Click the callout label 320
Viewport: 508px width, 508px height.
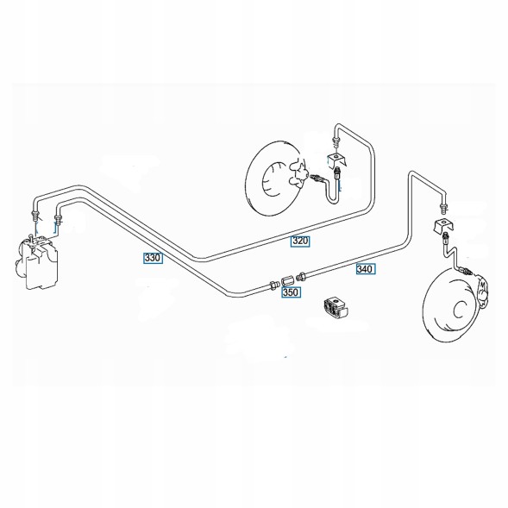tap(300, 241)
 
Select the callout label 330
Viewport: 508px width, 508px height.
tap(153, 258)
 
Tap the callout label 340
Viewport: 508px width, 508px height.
tap(366, 269)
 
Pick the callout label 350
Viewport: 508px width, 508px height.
tap(291, 292)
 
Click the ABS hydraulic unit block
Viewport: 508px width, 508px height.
tap(38, 263)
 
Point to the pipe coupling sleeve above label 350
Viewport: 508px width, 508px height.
tap(287, 280)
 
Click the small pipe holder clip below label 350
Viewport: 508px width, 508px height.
tap(336, 308)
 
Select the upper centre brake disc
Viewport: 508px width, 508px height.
tap(273, 178)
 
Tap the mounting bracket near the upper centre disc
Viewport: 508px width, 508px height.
tap(337, 160)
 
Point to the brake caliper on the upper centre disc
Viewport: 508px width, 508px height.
tap(298, 175)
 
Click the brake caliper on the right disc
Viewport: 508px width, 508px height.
tap(483, 292)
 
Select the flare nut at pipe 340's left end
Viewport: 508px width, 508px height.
tap(302, 276)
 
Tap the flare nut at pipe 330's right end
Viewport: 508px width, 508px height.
tap(274, 285)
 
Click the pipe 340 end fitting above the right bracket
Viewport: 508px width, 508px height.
tap(443, 208)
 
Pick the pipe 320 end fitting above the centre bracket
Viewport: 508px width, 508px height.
tap(336, 142)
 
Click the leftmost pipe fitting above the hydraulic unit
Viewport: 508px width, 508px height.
tap(34, 215)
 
